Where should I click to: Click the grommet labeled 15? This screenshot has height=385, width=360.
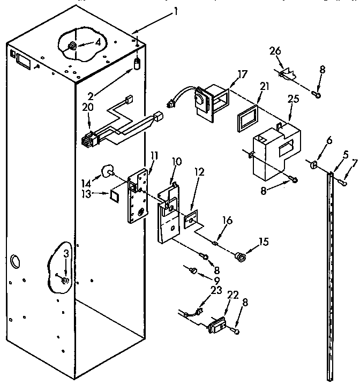click(241, 257)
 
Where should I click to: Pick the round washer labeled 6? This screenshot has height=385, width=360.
click(313, 163)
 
